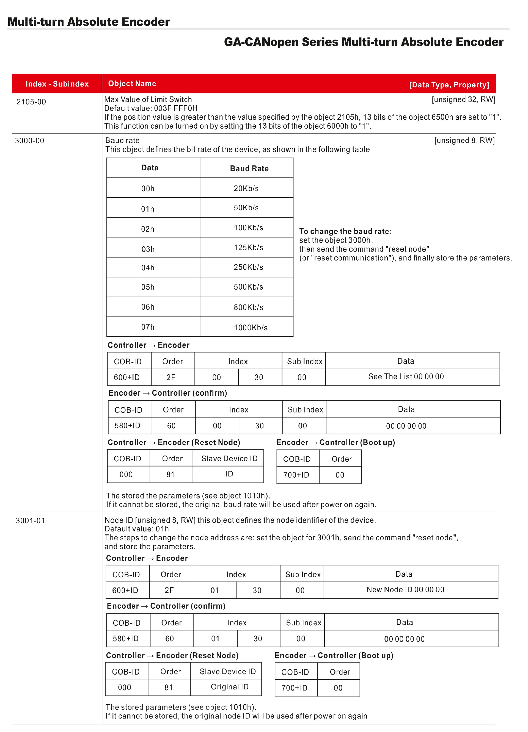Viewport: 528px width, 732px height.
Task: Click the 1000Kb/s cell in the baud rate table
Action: [x=251, y=328]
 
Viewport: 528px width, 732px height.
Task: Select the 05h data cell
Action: [x=148, y=287]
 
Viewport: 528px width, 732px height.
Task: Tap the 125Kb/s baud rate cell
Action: [x=248, y=248]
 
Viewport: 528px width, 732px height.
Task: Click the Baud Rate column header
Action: [x=249, y=168]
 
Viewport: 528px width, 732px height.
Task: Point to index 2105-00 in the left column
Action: [x=31, y=102]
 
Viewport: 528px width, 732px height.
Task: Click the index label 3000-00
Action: [x=30, y=141]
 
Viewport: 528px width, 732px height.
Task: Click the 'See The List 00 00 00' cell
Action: [x=406, y=376]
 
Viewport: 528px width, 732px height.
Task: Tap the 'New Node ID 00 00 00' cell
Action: [x=405, y=589]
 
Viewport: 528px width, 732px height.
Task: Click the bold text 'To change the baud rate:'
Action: [x=345, y=231]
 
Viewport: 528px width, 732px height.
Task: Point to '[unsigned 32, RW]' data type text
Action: [x=463, y=99]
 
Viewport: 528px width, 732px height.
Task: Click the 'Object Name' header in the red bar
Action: [x=132, y=84]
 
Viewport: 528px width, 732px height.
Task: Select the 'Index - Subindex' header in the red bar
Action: [x=57, y=84]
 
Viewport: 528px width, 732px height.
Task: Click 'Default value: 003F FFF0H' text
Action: [x=151, y=109]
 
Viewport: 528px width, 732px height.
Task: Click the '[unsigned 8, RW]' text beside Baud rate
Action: [x=464, y=140]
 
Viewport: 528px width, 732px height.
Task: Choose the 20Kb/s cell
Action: [x=246, y=188]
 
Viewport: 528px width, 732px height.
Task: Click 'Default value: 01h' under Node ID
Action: [x=137, y=529]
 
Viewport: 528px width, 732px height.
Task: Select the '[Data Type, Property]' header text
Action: [x=449, y=85]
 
